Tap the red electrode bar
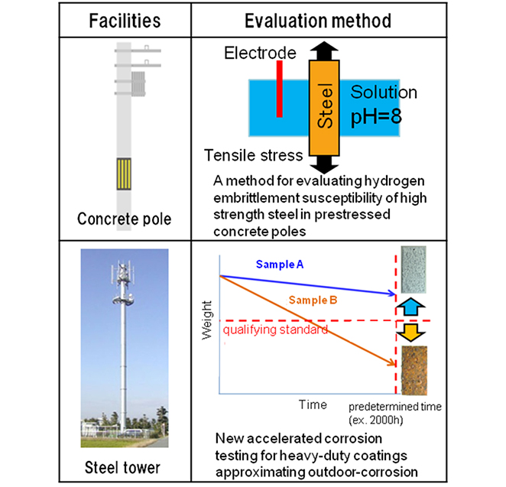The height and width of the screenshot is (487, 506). [x=280, y=89]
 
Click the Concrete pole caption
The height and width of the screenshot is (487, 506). [x=125, y=219]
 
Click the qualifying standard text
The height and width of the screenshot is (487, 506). [x=274, y=330]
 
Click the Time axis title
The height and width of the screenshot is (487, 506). [x=313, y=404]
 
